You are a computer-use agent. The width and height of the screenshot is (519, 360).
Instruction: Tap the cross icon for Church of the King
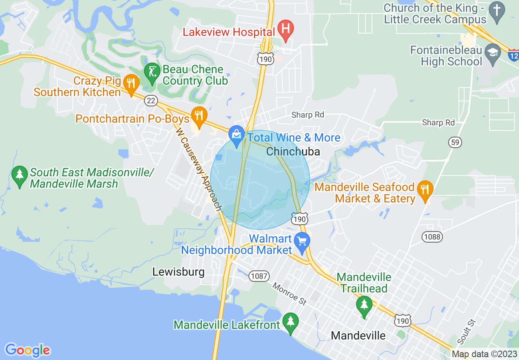pyautogui.click(x=497, y=13)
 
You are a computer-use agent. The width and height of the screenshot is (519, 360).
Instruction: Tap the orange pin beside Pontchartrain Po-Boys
pyautogui.click(x=199, y=115)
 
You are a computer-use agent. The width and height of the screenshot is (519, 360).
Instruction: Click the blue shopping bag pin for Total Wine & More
pyautogui.click(x=237, y=135)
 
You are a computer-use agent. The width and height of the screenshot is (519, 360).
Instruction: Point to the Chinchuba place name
pyautogui.click(x=293, y=151)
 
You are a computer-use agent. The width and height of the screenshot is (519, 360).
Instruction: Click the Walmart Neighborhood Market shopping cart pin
pyautogui.click(x=302, y=242)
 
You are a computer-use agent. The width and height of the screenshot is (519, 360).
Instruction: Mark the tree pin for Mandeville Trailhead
pyautogui.click(x=364, y=305)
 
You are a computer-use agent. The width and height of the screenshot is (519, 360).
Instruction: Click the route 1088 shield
pyautogui.click(x=433, y=236)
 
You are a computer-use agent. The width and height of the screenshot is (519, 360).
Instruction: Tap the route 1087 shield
pyautogui.click(x=259, y=276)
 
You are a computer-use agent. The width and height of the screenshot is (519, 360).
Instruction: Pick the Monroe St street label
pyautogui.click(x=289, y=294)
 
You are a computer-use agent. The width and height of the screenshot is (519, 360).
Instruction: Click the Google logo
pyautogui.click(x=27, y=350)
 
